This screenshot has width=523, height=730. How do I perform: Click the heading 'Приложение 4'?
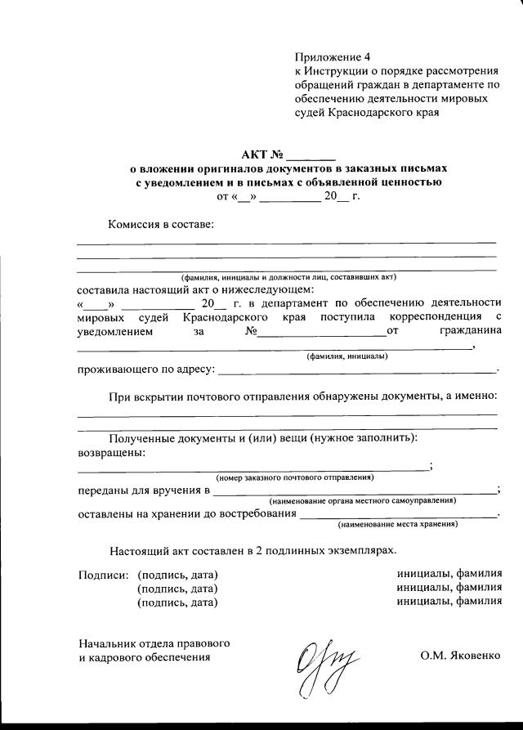coord(333,56)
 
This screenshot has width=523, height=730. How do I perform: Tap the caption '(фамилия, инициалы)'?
coord(346,356)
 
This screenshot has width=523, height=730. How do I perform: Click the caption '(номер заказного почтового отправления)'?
coord(294,477)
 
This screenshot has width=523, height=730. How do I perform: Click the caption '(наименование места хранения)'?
coord(398,523)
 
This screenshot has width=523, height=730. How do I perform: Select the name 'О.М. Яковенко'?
coord(458,656)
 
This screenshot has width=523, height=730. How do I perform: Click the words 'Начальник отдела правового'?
coord(153,642)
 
